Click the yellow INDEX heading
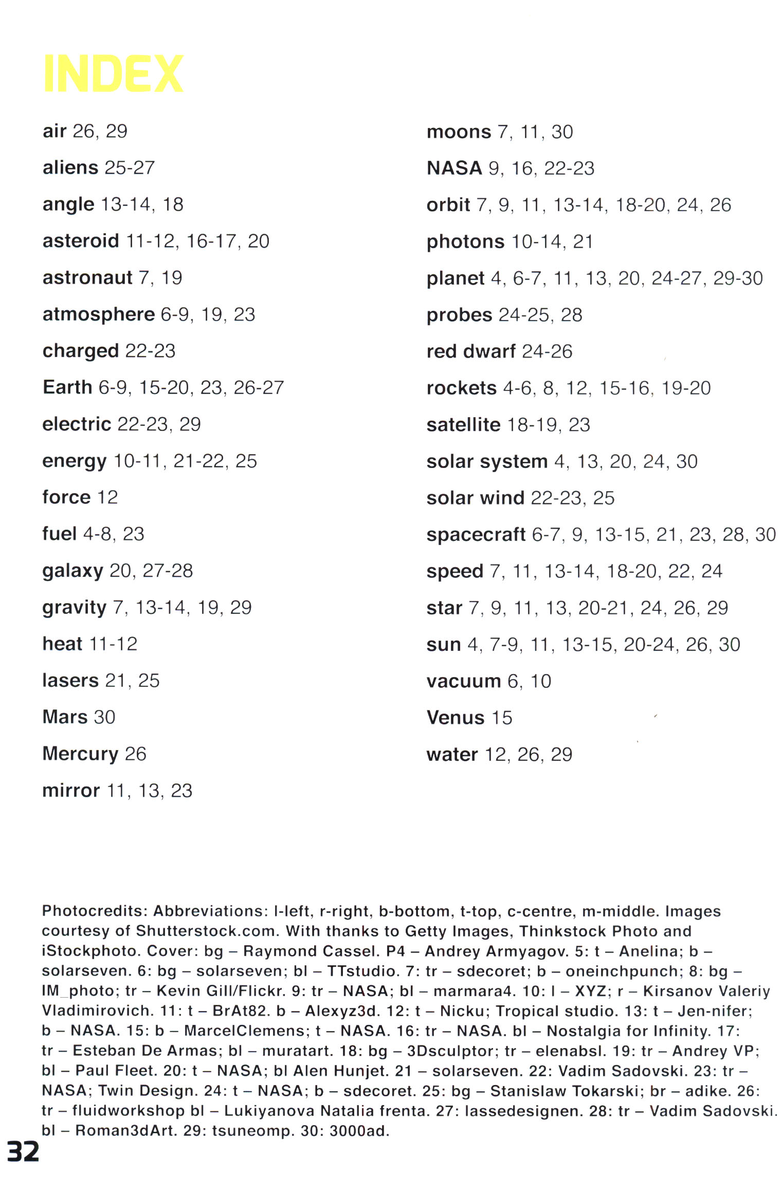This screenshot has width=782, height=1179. tap(113, 73)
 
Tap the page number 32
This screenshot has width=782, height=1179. tap(23, 1151)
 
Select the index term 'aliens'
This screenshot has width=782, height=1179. tap(70, 167)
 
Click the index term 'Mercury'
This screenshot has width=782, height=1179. tap(80, 754)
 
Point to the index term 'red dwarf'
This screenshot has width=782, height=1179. tap(470, 351)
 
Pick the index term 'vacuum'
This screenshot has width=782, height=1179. tap(463, 681)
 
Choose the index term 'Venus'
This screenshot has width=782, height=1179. tap(456, 718)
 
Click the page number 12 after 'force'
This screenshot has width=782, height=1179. tap(107, 497)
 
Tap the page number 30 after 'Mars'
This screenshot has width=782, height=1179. tap(105, 717)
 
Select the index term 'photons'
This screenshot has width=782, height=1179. tap(465, 241)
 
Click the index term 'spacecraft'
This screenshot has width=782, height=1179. tap(476, 535)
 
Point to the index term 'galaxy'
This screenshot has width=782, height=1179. tap(72, 571)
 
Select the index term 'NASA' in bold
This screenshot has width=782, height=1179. tap(454, 168)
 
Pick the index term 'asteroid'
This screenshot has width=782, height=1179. tap(81, 241)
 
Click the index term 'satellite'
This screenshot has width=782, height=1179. tap(463, 425)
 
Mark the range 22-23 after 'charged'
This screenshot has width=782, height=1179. tap(150, 351)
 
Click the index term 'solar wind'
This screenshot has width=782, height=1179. tap(475, 498)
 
